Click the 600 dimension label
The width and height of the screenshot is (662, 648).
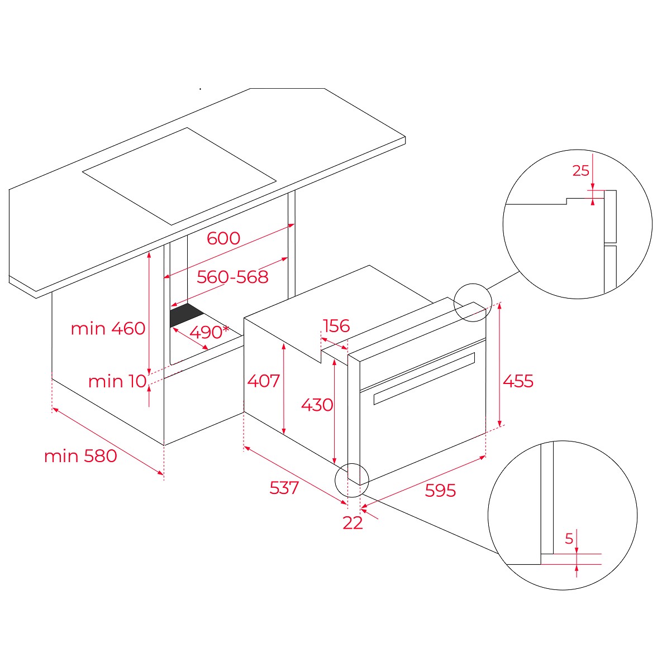pyautogui.click(x=223, y=238)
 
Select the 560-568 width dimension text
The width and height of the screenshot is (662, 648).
pyautogui.click(x=232, y=277)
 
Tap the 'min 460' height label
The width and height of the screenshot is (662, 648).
pyautogui.click(x=108, y=329)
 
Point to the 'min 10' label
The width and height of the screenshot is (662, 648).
pyautogui.click(x=117, y=381)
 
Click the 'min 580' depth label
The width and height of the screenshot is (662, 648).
pyautogui.click(x=80, y=456)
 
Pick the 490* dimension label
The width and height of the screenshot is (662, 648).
pyautogui.click(x=209, y=332)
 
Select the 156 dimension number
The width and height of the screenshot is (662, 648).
pyautogui.click(x=336, y=326)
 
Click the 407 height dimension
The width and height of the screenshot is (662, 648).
pyautogui.click(x=264, y=381)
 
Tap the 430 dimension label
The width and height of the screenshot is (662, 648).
pyautogui.click(x=317, y=405)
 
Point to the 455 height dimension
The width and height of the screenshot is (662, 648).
pyautogui.click(x=518, y=381)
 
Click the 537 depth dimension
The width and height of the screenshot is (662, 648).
pyautogui.click(x=284, y=488)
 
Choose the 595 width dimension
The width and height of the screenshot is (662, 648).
pyautogui.click(x=440, y=491)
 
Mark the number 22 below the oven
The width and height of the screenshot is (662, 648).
pyautogui.click(x=353, y=523)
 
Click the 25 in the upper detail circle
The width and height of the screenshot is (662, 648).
pyautogui.click(x=581, y=170)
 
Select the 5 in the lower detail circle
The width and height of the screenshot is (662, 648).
pyautogui.click(x=569, y=539)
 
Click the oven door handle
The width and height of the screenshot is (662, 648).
pyautogui.click(x=425, y=378)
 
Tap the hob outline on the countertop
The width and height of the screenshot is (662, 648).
pyautogui.click(x=179, y=176)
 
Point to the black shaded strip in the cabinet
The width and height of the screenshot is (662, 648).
pyautogui.click(x=186, y=314)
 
